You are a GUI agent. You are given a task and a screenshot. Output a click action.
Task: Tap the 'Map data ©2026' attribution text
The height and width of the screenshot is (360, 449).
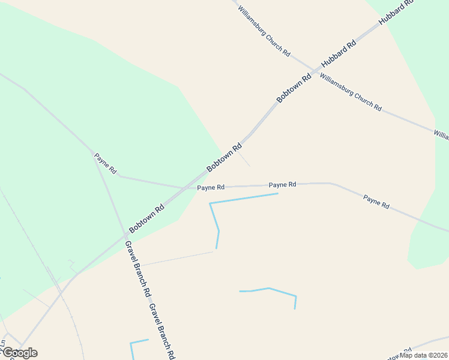424,355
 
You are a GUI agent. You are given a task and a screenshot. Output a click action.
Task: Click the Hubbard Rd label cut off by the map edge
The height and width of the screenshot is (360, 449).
397,13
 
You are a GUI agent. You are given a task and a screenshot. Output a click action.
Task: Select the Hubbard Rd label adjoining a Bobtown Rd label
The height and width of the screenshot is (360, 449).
339,53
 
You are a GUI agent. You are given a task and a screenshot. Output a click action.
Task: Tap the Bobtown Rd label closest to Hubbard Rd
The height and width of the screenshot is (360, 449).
294,88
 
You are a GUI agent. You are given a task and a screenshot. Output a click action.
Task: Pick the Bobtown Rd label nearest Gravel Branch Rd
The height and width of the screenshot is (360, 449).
146,220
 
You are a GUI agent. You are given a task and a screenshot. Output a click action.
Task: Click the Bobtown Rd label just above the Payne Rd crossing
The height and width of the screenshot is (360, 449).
224,157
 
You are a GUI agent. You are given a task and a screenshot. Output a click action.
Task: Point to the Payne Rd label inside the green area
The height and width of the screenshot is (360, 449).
105,163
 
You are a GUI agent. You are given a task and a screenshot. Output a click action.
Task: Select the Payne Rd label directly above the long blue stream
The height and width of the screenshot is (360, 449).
282,185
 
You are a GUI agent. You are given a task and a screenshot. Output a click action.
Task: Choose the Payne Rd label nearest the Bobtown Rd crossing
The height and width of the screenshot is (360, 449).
211,188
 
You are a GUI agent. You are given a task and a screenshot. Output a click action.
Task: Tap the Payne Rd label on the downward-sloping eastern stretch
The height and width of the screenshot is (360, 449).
376,202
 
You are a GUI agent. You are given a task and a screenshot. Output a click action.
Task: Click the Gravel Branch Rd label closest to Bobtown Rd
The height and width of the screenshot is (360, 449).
137,269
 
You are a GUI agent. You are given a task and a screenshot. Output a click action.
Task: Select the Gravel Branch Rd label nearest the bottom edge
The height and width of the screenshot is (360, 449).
163,331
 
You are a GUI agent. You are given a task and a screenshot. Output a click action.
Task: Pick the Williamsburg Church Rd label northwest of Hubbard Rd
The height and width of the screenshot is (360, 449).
264,31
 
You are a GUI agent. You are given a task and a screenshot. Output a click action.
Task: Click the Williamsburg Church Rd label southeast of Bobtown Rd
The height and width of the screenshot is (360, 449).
351,92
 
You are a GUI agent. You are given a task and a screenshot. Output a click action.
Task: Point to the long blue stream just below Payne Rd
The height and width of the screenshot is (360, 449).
243,199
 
